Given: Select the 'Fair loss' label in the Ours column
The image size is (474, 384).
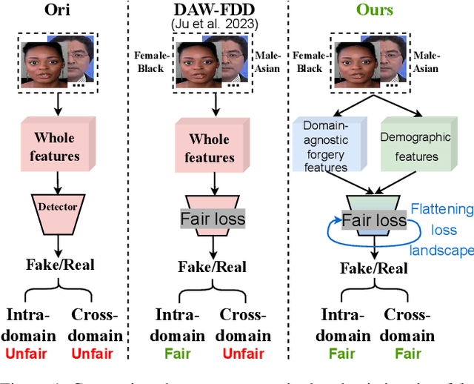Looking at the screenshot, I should [x=373, y=220].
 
